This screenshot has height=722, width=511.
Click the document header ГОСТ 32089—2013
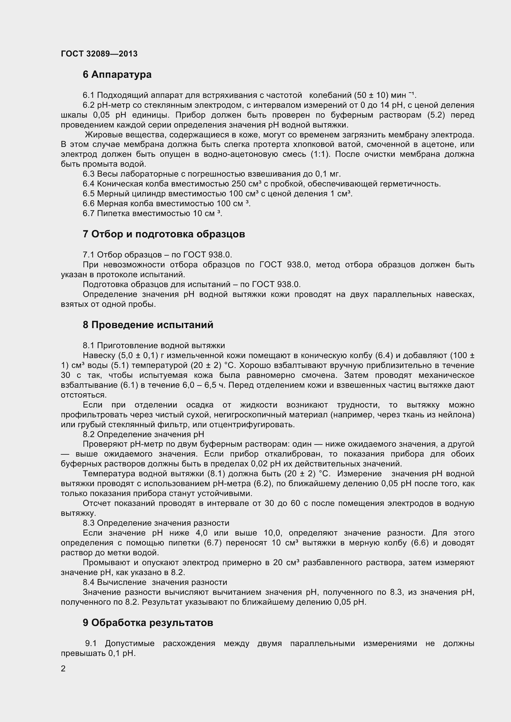click(x=99, y=54)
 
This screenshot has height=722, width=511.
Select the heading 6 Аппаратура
click(x=117, y=74)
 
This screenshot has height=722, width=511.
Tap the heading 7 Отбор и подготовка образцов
click(x=164, y=234)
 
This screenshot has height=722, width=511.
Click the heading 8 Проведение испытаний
click(x=148, y=325)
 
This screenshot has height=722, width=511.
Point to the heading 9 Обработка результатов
click(x=148, y=623)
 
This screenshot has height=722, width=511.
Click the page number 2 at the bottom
click(x=63, y=669)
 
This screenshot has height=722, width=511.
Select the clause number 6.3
click(x=88, y=174)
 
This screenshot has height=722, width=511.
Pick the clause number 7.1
click(x=88, y=255)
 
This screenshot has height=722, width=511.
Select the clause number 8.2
click(x=88, y=435)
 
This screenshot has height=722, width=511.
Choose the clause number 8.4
click(x=88, y=582)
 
